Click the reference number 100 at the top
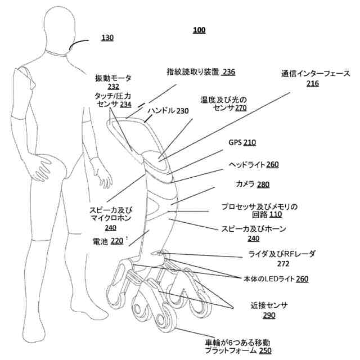click(x=199, y=30)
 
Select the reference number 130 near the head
click(x=107, y=38)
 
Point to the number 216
click(x=313, y=84)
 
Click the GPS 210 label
click(x=242, y=143)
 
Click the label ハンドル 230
click(x=168, y=111)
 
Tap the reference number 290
click(x=269, y=316)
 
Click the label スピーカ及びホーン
click(x=254, y=229)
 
